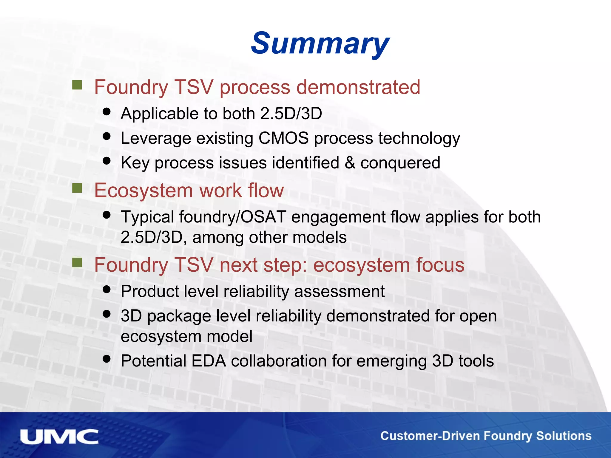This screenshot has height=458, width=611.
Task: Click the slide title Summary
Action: (320, 44)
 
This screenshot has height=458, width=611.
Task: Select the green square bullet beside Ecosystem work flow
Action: (77, 188)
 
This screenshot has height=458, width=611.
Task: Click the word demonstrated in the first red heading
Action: (358, 87)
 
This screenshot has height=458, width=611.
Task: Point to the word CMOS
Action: (283, 138)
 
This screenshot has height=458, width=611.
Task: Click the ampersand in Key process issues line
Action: (350, 163)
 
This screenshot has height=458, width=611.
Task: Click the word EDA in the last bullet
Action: (209, 361)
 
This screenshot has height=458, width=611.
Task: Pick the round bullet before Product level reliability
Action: (107, 289)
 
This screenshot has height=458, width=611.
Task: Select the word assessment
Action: (339, 291)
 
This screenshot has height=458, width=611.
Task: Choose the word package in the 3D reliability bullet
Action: (179, 316)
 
